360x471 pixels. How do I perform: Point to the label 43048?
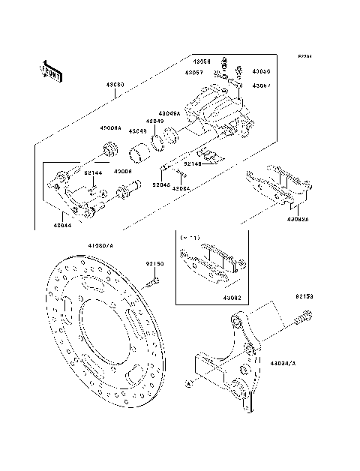pos(137,131)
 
